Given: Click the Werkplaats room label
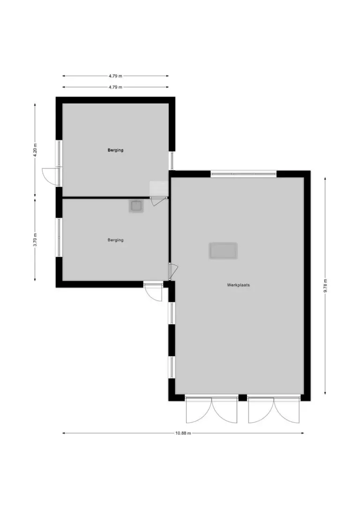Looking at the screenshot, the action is tap(238, 285).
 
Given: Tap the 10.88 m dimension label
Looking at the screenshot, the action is tap(183, 433).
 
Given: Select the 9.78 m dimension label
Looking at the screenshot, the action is tap(325, 285).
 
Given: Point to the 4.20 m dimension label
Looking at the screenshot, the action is tap(35, 150).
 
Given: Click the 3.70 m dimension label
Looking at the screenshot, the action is tap(35, 240).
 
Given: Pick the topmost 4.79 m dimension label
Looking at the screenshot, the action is tap(115, 76).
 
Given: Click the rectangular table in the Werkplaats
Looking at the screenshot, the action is tap(223, 251).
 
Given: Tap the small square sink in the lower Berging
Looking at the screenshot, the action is tap(136, 206).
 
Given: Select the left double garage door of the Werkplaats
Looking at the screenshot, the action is tap(212, 410).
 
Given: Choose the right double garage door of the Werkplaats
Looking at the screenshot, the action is tap(274, 410).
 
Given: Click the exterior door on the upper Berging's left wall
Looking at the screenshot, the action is tap(51, 176).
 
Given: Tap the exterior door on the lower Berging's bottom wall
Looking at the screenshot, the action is tap(153, 292).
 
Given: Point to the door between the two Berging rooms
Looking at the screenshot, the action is tap(158, 201).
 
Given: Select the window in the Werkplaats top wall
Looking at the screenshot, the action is tap(243, 174).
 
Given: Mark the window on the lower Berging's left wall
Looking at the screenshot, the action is tap(59, 237).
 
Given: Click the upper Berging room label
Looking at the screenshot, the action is tap(116, 150).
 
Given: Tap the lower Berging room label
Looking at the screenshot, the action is tap(116, 240).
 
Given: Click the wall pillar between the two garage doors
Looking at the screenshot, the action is tap(242, 397).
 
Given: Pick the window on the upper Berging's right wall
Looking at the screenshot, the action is tap(172, 161).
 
